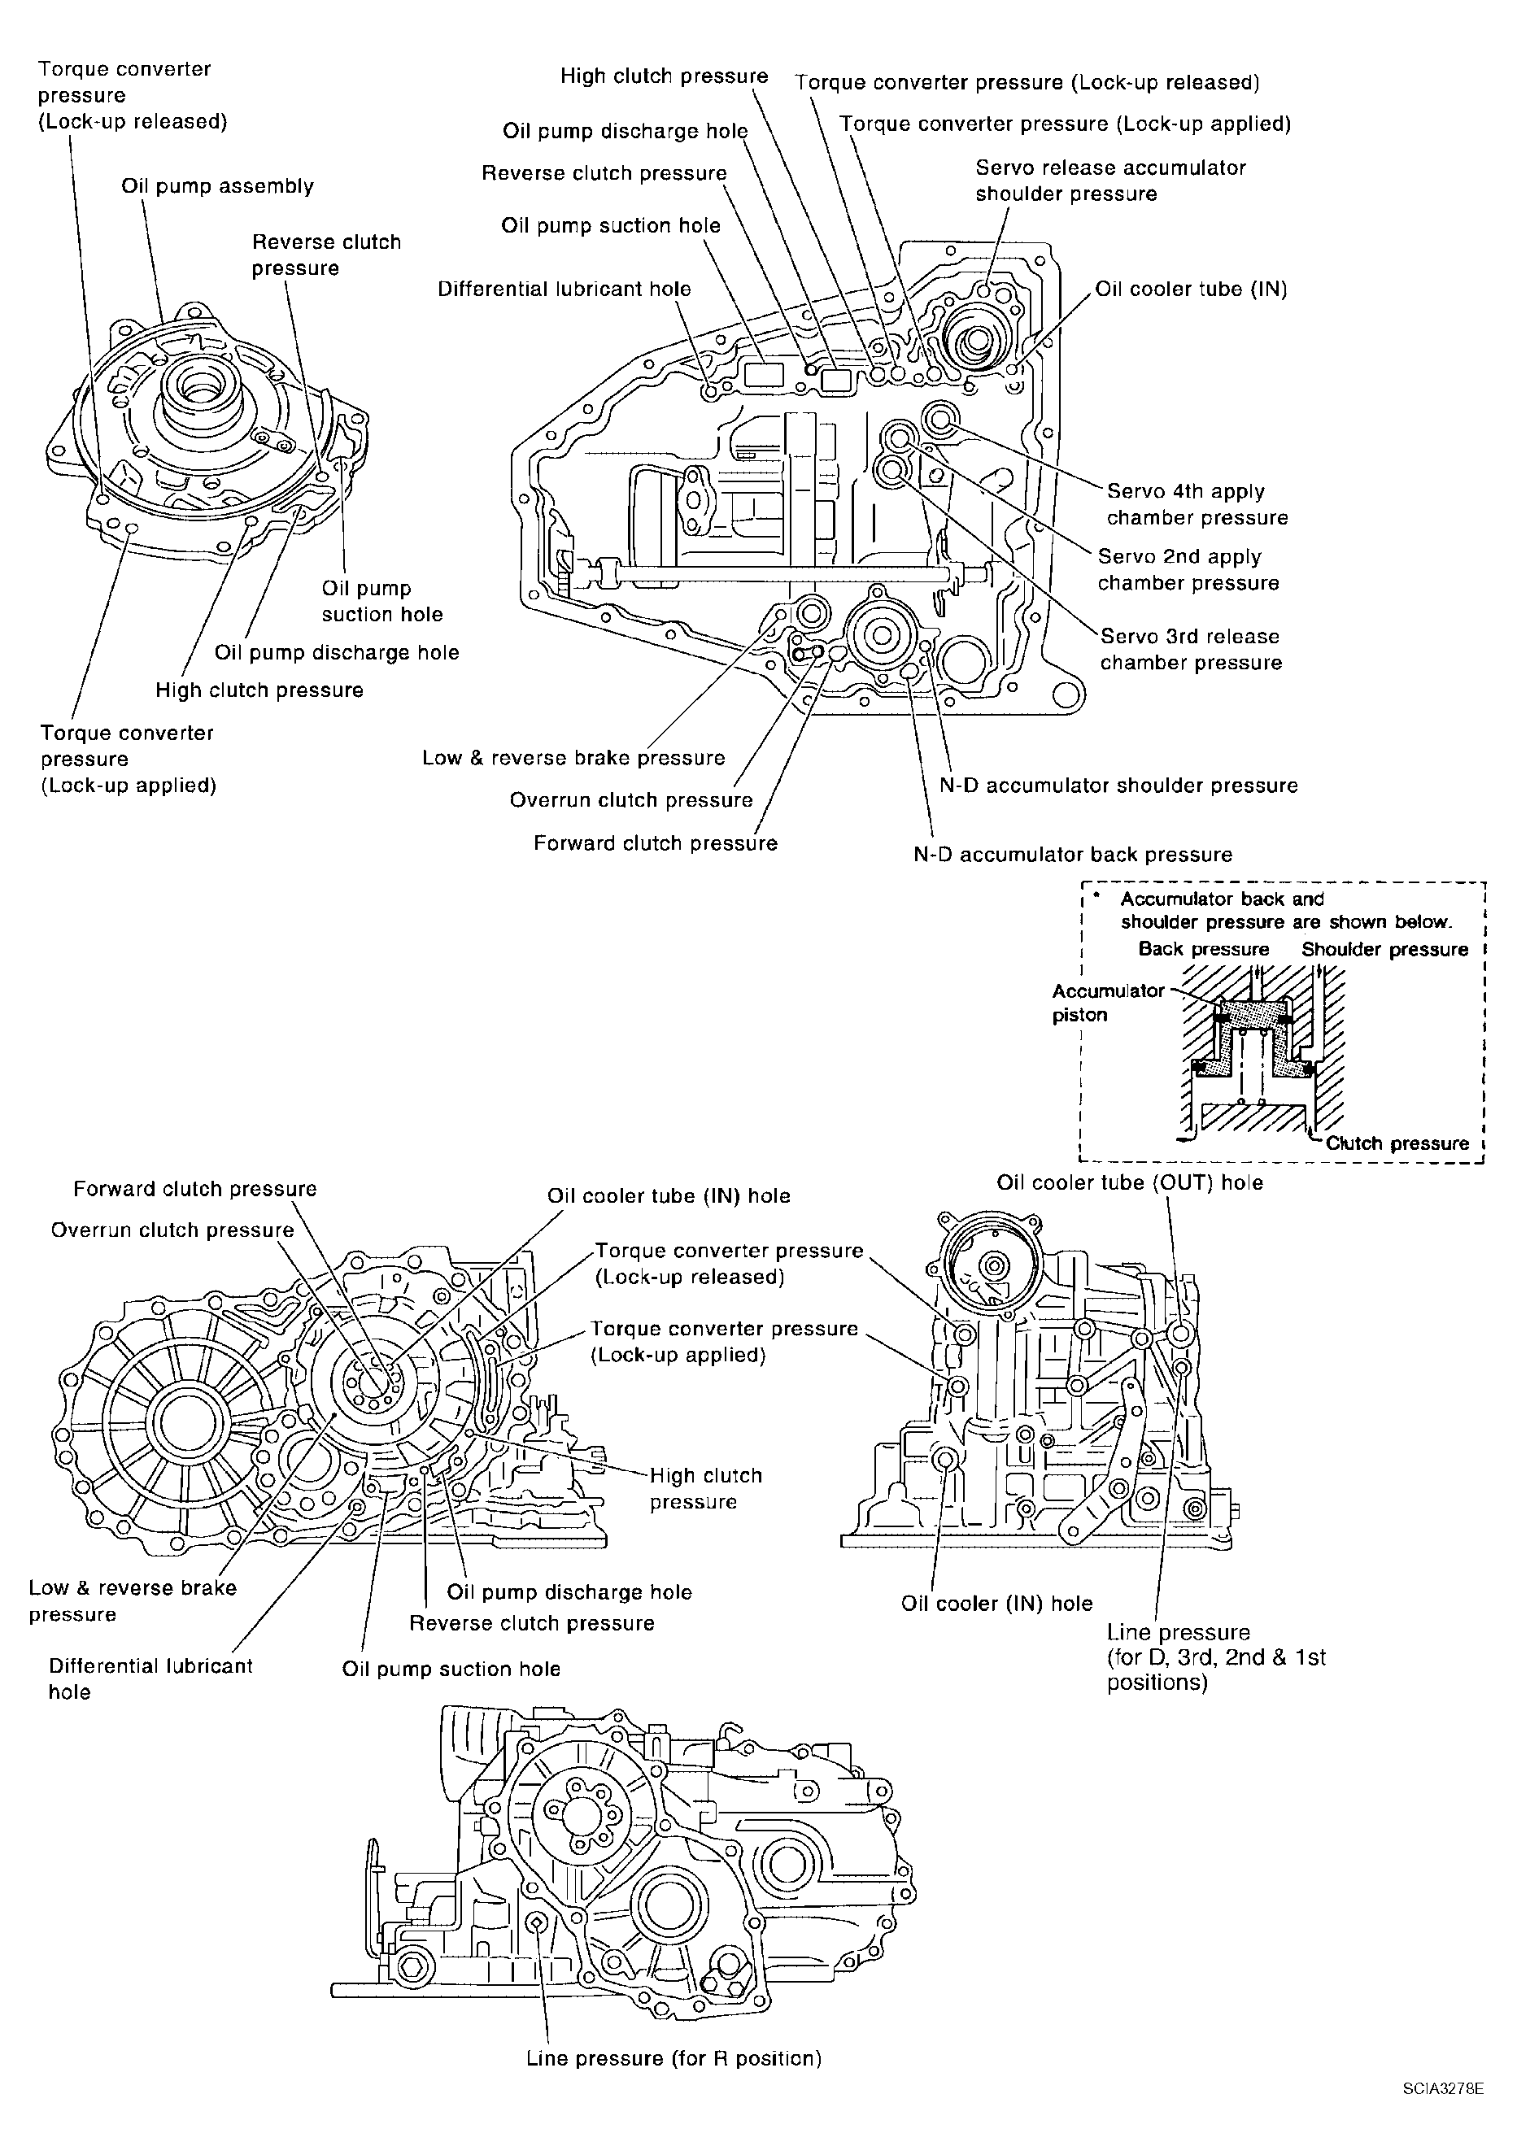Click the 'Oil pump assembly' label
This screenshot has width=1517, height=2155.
218,187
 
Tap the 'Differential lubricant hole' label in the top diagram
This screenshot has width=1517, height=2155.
565,289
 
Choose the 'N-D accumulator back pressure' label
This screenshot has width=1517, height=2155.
1073,855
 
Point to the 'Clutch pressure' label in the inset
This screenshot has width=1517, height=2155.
1397,1143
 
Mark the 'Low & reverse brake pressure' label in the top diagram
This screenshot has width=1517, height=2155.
573,759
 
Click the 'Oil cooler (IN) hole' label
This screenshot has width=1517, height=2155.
997,1603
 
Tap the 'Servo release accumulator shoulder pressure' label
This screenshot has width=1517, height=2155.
1110,181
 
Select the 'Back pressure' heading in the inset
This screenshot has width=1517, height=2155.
1204,949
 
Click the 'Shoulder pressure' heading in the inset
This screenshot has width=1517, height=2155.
1384,949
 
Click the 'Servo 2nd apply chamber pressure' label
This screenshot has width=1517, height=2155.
1188,570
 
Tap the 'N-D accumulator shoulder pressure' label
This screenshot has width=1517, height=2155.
1119,786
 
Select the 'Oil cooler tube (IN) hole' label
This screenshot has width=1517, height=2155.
669,1195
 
